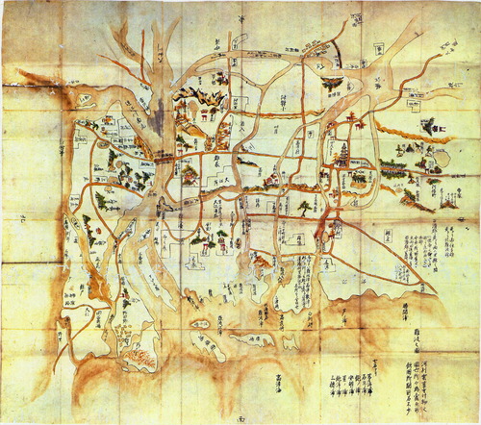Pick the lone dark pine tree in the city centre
coord(306,207)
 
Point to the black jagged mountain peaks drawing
coord(196,98)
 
